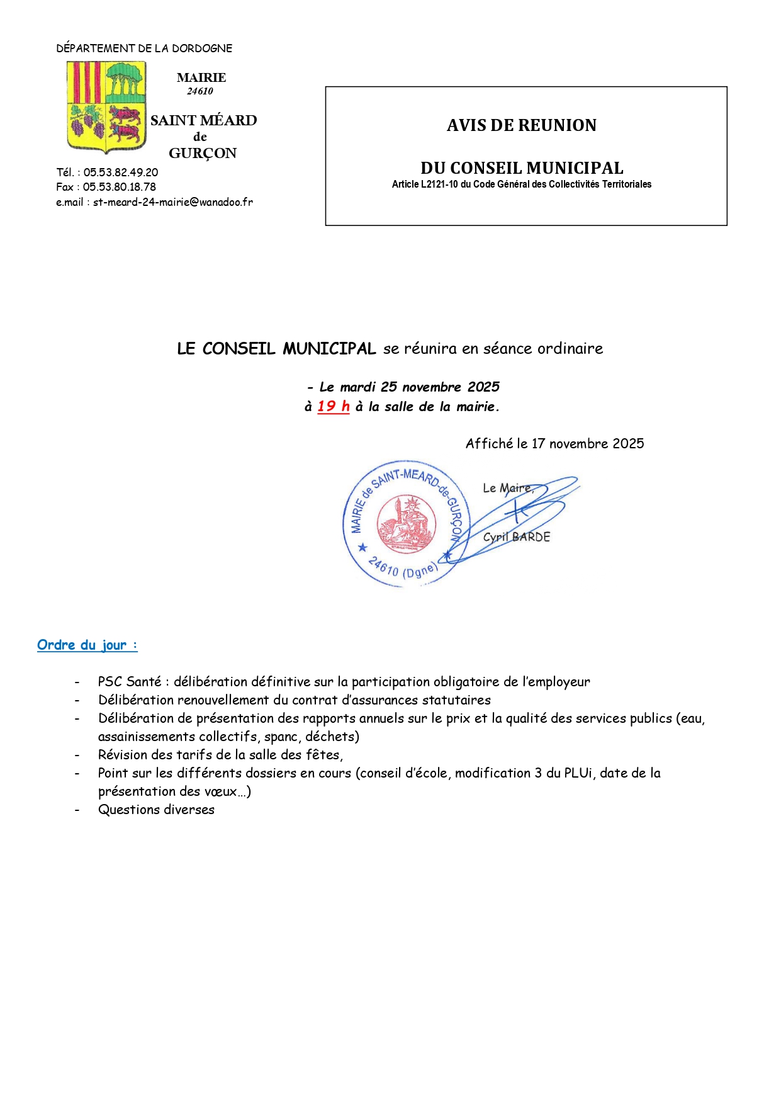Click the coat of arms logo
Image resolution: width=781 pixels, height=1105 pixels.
pyautogui.click(x=106, y=106)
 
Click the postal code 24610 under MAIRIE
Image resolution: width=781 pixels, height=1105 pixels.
pyautogui.click(x=200, y=91)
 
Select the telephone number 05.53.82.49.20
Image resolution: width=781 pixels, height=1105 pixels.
pyautogui.click(x=121, y=173)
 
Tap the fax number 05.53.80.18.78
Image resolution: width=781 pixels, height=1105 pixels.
pyautogui.click(x=120, y=187)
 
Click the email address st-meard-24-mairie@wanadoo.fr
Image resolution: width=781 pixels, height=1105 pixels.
pyautogui.click(x=173, y=202)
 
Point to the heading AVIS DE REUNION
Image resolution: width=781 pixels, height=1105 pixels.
pyautogui.click(x=521, y=125)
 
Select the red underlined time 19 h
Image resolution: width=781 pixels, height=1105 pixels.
pyautogui.click(x=333, y=407)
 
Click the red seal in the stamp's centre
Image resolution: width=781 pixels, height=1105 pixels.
pyautogui.click(x=406, y=524)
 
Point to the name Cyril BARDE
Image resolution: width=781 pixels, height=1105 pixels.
pyautogui.click(x=516, y=537)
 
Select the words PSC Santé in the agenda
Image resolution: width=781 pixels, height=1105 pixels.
pyautogui.click(x=130, y=682)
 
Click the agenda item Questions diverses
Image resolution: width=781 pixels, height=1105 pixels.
pyautogui.click(x=156, y=810)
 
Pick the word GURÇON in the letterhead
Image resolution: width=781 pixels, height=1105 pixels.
pyautogui.click(x=203, y=154)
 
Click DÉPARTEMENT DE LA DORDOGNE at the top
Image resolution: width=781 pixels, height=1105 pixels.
pyautogui.click(x=144, y=48)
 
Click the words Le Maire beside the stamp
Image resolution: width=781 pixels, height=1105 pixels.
pyautogui.click(x=507, y=488)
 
